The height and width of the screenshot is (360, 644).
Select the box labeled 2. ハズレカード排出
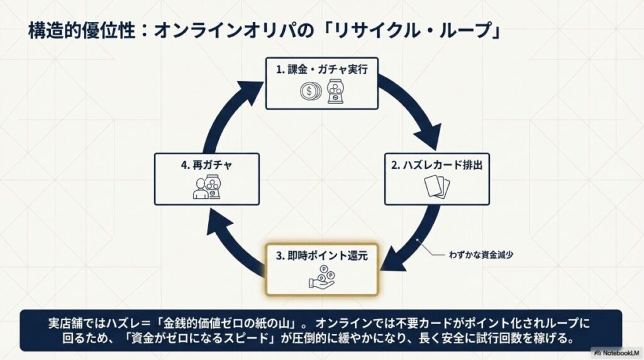tap(436, 178)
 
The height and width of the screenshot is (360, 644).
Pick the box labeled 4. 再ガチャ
tap(206, 178)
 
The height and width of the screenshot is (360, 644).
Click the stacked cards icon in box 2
tap(436, 188)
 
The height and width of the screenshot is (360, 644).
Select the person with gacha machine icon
tap(206, 188)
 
